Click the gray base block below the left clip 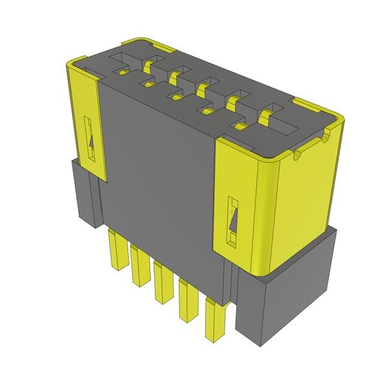click(84, 193)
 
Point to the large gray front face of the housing click(161, 174)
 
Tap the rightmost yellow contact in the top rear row click(264, 117)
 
